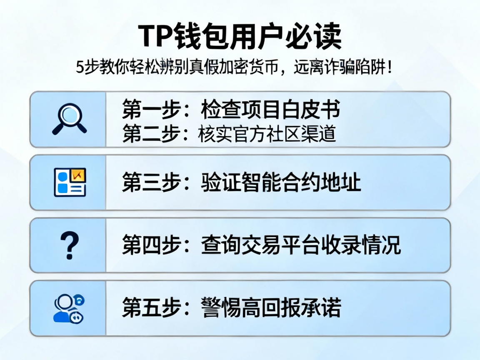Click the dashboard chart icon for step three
pyautogui.click(x=70, y=182)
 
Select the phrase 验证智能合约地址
pyautogui.click(x=281, y=182)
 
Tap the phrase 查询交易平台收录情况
pyautogui.click(x=300, y=245)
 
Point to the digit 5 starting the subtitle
pyautogui.click(x=80, y=67)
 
